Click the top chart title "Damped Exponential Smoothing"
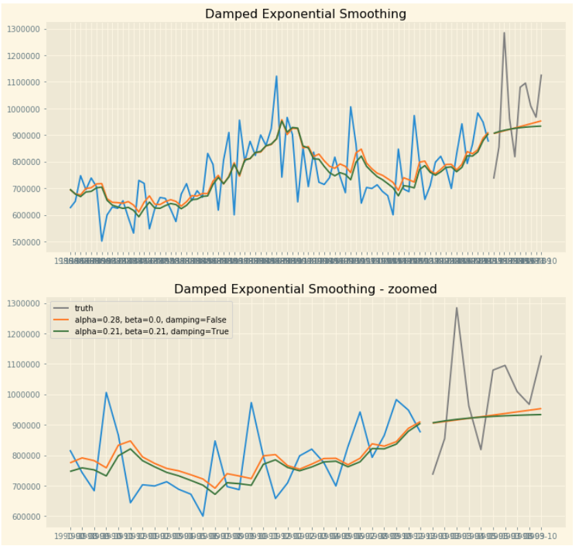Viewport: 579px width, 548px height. pos(305,14)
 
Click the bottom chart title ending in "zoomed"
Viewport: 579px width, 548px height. pos(305,289)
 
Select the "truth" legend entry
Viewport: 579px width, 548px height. pos(84,308)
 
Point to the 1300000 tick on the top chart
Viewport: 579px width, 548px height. pos(23,29)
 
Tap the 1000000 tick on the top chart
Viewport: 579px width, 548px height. pos(23,109)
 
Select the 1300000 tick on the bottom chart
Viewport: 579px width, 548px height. pos(23,303)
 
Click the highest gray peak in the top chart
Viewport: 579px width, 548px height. pos(504,32)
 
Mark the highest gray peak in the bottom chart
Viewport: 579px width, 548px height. pos(456,307)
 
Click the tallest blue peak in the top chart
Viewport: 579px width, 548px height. pos(277,76)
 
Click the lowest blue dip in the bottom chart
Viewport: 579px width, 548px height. pos(203,516)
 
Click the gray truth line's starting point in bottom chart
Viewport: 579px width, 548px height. pos(433,474)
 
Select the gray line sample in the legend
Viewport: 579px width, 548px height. pos(62,308)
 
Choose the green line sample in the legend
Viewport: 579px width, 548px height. pos(62,331)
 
